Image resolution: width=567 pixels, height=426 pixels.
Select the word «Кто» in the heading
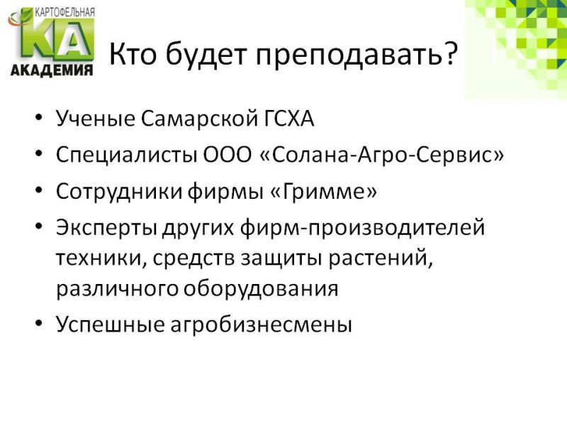133,53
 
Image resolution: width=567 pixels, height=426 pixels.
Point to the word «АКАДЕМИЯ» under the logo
52,70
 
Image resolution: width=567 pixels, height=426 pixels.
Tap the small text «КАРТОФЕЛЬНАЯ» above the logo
64,12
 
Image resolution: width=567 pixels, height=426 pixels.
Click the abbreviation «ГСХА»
286,118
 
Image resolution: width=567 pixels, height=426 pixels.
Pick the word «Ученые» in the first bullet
96,118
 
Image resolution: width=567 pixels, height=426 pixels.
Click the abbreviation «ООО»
227,154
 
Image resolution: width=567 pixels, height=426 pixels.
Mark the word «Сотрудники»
119,192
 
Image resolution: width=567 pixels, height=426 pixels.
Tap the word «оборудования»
261,290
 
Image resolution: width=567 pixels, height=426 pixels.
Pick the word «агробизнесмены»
261,325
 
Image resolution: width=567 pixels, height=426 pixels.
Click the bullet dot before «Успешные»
39,323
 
